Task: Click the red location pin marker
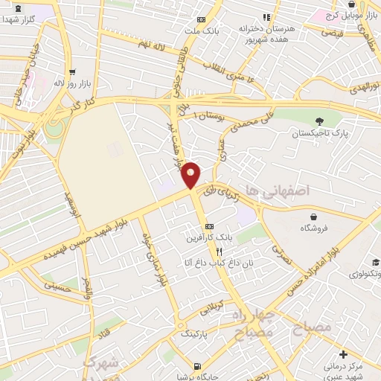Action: [191, 175]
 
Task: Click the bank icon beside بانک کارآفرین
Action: [209, 225]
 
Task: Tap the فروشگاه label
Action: [313, 229]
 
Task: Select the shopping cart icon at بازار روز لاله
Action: [71, 72]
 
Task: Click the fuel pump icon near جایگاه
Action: [197, 365]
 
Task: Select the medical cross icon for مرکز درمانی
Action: [342, 353]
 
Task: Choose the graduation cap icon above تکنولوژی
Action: [376, 262]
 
